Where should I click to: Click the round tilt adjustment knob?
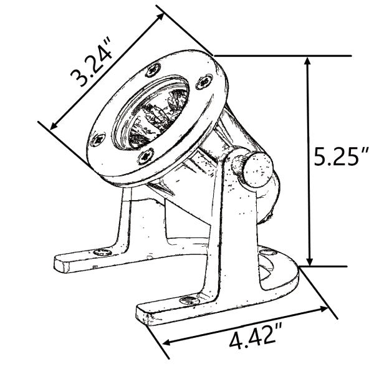pos(259,170)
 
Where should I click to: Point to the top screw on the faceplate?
pos(153,70)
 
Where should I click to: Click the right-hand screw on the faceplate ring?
pos(204,82)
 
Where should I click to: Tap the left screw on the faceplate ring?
pos(98,140)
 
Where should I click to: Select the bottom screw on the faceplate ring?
pos(146,156)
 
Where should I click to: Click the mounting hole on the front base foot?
pos(189,300)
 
